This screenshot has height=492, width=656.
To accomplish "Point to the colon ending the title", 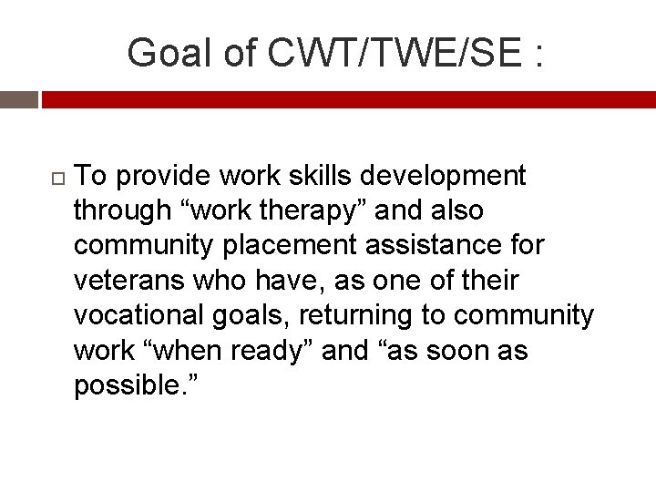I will click(539, 55).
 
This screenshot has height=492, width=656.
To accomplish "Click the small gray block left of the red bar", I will click(18, 99).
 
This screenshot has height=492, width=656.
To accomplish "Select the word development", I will click(449, 175).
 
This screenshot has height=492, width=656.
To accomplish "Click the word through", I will click(122, 210).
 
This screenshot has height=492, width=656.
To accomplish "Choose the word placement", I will click(290, 245).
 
